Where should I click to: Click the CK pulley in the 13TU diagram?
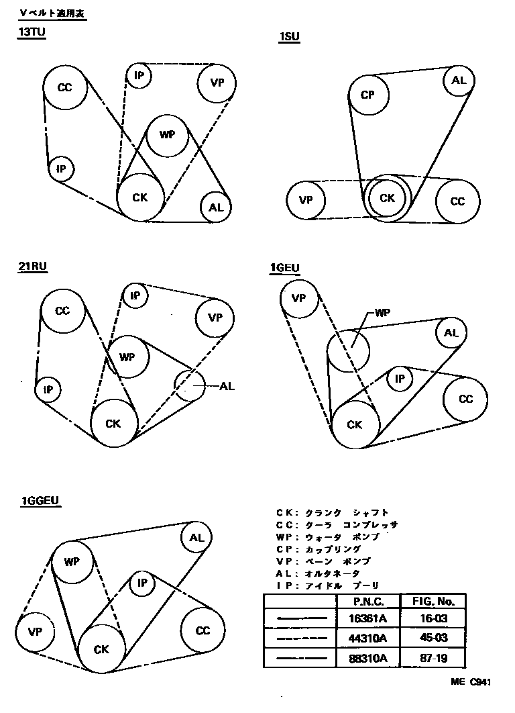[x=140, y=197]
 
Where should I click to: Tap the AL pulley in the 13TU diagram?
[x=216, y=207]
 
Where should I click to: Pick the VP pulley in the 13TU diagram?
[x=217, y=83]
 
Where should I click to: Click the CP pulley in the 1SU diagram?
[x=367, y=95]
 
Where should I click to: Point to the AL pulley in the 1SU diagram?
[x=459, y=81]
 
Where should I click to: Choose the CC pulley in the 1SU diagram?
[x=457, y=201]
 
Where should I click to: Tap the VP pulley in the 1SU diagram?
[x=306, y=200]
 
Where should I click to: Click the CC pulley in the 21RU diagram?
[x=62, y=311]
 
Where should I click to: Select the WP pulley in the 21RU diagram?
[x=127, y=356]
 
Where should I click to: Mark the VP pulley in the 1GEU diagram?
[x=299, y=297]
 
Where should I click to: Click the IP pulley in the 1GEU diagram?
[x=400, y=379]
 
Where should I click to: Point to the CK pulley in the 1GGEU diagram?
[x=101, y=649]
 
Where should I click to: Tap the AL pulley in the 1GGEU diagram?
[x=196, y=538]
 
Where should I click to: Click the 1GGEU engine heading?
[x=42, y=500]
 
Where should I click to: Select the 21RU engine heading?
[x=34, y=267]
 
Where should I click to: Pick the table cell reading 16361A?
[x=367, y=618]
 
